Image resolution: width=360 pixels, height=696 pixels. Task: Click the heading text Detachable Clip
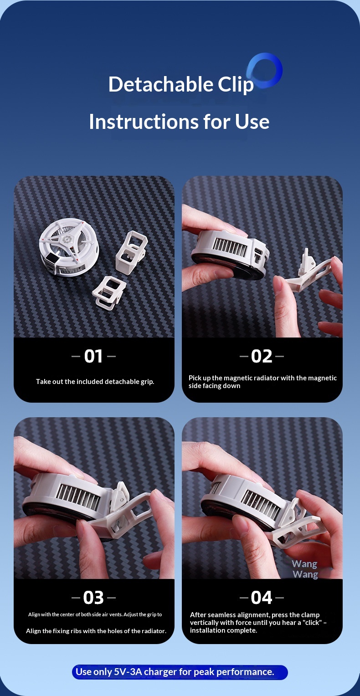coord(181,85)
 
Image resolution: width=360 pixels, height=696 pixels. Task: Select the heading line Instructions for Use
coord(179,122)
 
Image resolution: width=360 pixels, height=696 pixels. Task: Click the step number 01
coord(93,356)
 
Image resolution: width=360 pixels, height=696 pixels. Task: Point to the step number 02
coord(262,356)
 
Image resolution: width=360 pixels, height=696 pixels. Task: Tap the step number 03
coord(93,597)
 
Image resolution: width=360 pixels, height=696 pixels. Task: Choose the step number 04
coord(262,597)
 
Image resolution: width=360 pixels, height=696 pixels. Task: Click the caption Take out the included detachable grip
coord(95,381)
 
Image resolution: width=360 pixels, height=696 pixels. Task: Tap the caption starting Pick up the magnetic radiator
coord(262,382)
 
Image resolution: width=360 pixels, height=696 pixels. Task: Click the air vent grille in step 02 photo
coord(230,246)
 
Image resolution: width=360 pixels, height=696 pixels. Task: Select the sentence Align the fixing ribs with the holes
coord(96,631)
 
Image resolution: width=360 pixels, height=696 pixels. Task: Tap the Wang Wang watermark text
coord(305,569)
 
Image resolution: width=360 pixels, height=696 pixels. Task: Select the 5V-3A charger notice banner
coord(180,672)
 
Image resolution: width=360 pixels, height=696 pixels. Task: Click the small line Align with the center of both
coord(95,614)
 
